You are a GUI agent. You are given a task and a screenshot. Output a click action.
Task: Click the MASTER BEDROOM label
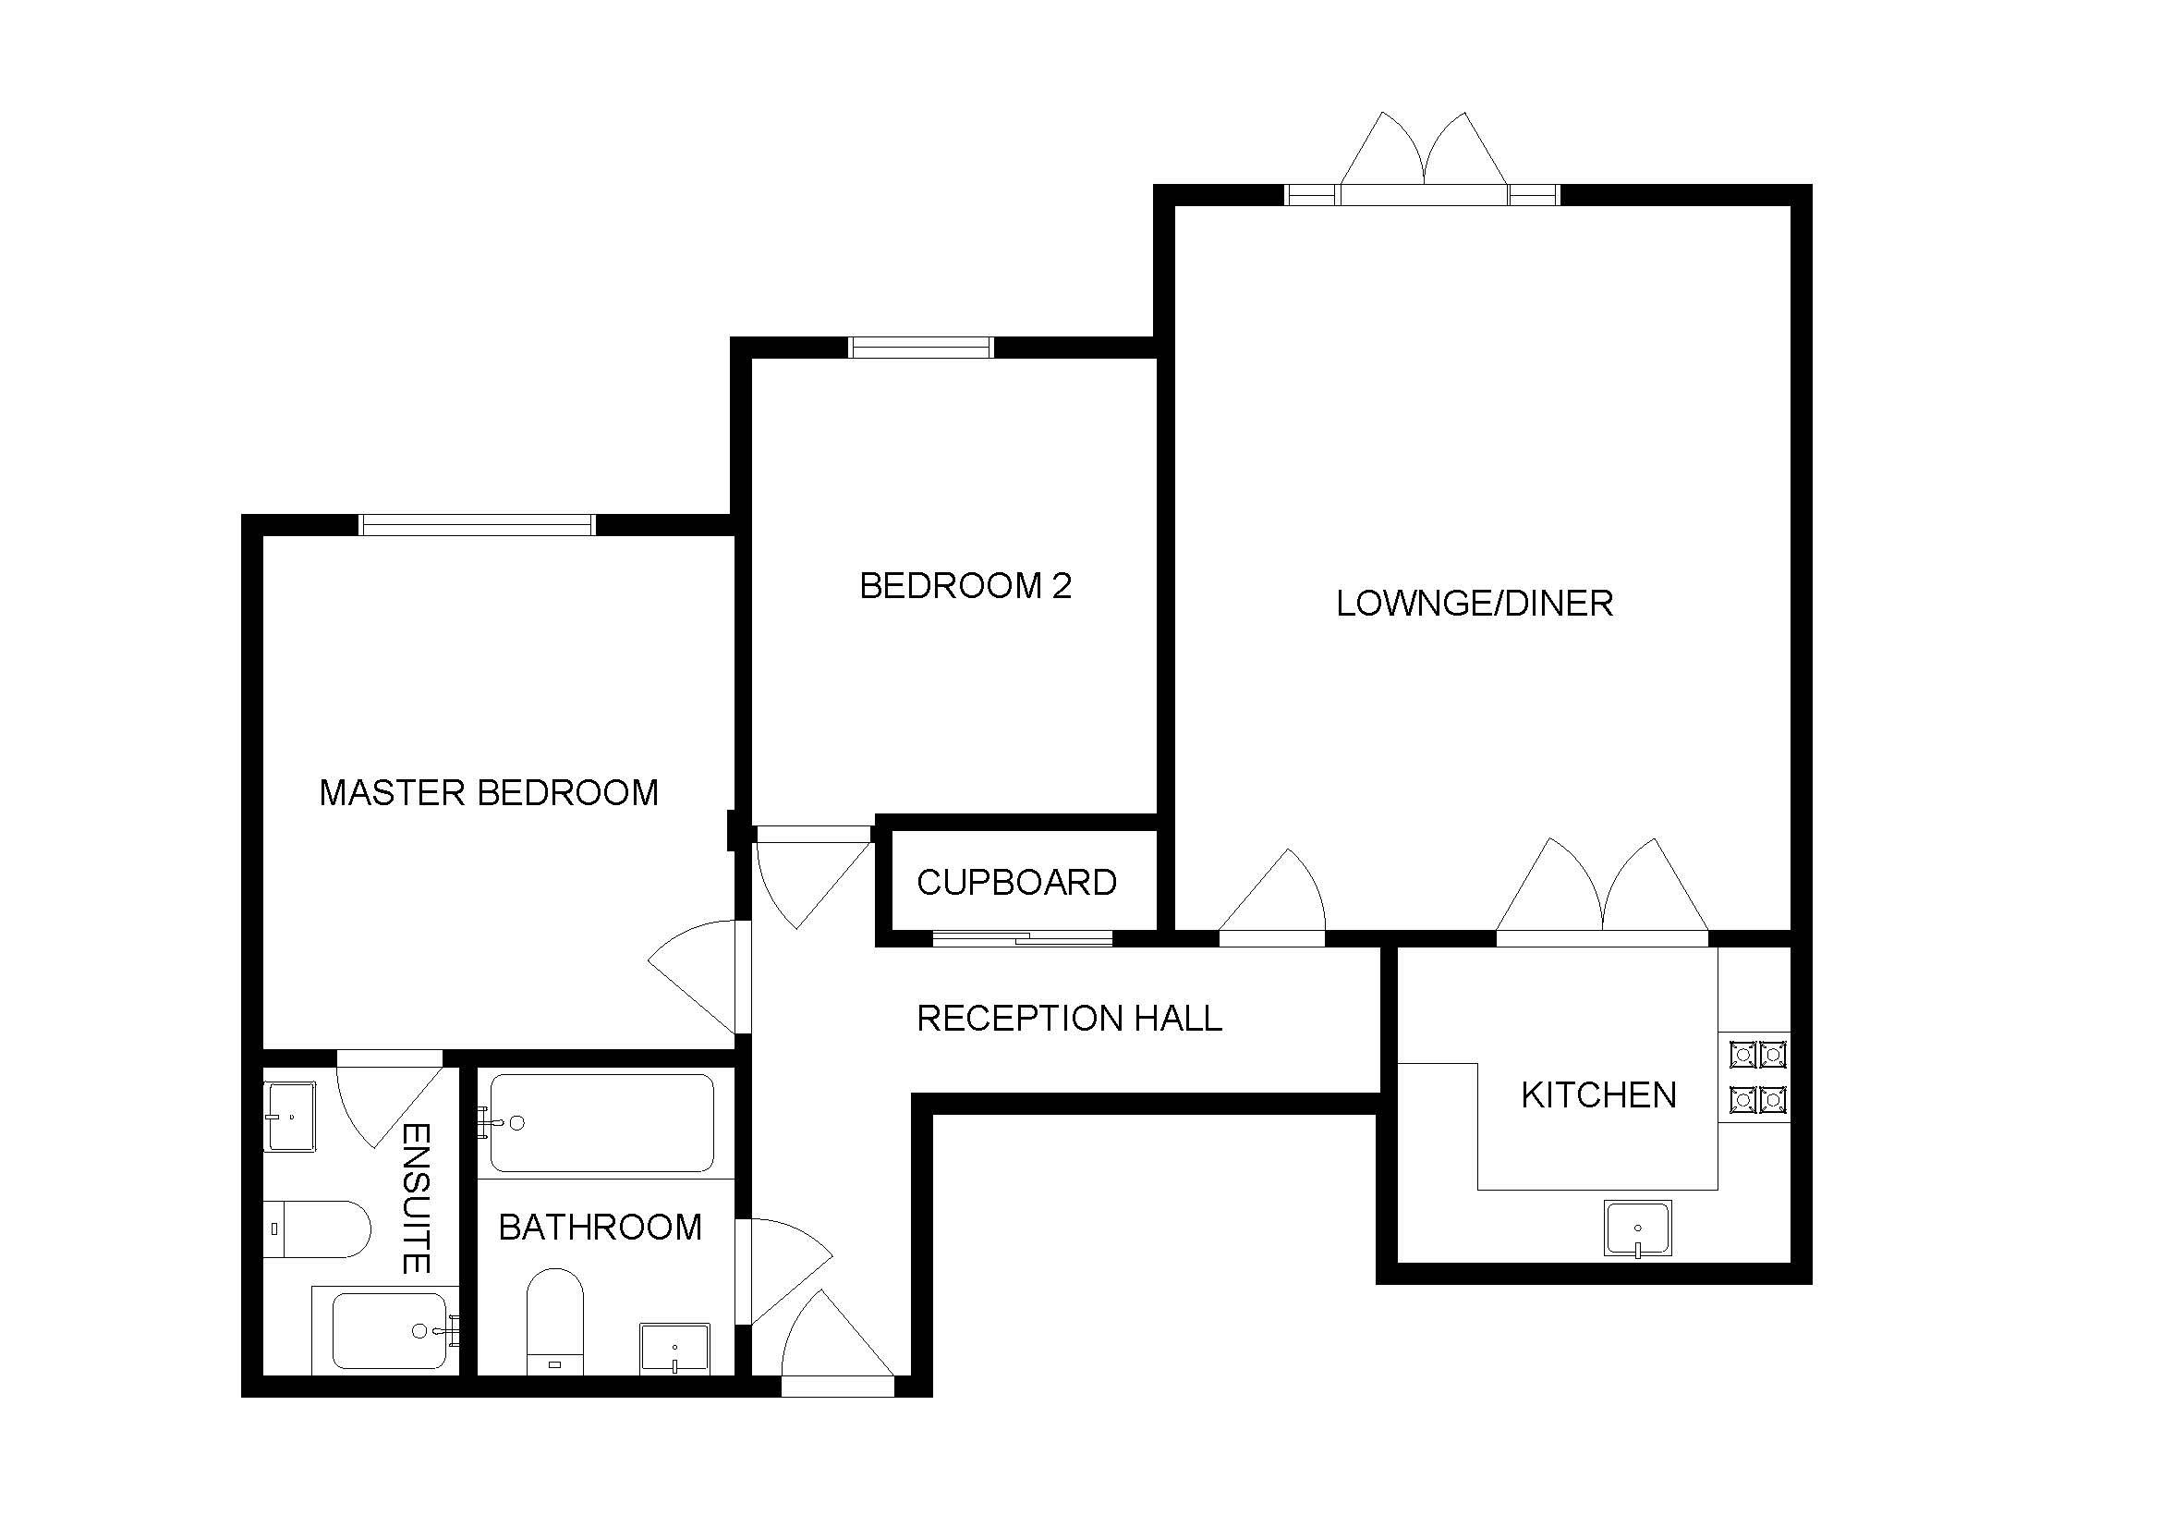(x=489, y=793)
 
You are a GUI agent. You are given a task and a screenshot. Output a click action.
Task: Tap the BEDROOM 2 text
(x=965, y=585)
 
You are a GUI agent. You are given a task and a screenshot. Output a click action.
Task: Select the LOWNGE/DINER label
(x=1474, y=604)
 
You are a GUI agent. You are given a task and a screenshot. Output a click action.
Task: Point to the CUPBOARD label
(x=1016, y=882)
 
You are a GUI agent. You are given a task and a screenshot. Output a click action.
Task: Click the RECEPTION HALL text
(x=1069, y=1018)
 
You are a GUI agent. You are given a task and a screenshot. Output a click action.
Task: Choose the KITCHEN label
(x=1599, y=1094)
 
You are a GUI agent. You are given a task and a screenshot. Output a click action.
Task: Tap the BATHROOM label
(x=601, y=1227)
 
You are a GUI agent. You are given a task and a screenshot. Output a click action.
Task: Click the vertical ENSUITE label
(x=416, y=1199)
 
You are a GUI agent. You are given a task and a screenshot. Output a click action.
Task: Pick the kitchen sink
(x=1638, y=1229)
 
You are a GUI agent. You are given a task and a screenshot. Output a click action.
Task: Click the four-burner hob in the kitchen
(x=1757, y=1076)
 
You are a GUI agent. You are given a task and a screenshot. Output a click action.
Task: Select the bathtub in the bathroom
(x=601, y=1122)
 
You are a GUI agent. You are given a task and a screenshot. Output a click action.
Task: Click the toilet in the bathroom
(x=554, y=1321)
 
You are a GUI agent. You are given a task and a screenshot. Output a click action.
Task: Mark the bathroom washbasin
(x=674, y=1349)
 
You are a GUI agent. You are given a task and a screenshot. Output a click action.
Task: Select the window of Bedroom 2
(x=920, y=348)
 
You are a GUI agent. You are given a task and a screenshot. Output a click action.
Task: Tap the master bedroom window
(x=479, y=525)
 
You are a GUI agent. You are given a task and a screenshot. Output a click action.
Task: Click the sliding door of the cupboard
(x=1023, y=937)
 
